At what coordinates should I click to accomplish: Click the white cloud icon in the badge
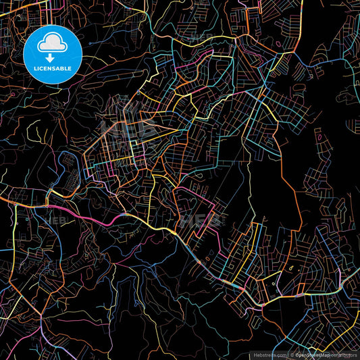pos(53,45)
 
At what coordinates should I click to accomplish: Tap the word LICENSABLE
pos(53,68)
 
